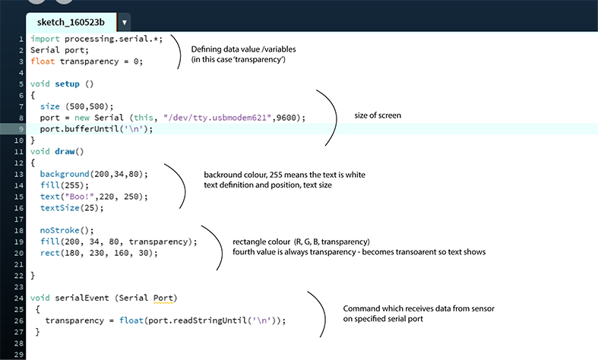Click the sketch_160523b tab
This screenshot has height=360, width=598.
pyautogui.click(x=71, y=22)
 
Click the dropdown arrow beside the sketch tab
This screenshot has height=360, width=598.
pyautogui.click(x=125, y=23)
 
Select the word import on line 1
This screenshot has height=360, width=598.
pyautogui.click(x=45, y=39)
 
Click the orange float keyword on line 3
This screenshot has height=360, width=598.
pyautogui.click(x=43, y=62)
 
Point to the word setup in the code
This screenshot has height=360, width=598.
pyautogui.click(x=67, y=84)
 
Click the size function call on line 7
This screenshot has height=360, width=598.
pyautogui.click(x=50, y=106)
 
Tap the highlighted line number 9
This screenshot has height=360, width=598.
pyautogui.click(x=21, y=129)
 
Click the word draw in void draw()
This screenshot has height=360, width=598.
pyautogui.click(x=65, y=151)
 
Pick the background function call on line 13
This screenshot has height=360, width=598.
pyautogui.click(x=65, y=174)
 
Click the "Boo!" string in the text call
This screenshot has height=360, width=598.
pyautogui.click(x=79, y=197)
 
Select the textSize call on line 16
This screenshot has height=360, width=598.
pyautogui.click(x=60, y=208)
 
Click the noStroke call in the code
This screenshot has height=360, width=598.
pyautogui.click(x=59, y=230)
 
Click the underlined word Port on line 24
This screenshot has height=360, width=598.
pyautogui.click(x=163, y=298)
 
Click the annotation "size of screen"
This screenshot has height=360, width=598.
pyautogui.click(x=378, y=115)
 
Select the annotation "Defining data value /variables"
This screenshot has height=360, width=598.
pyautogui.click(x=243, y=49)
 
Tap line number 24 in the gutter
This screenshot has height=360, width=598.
pyautogui.click(x=19, y=298)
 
